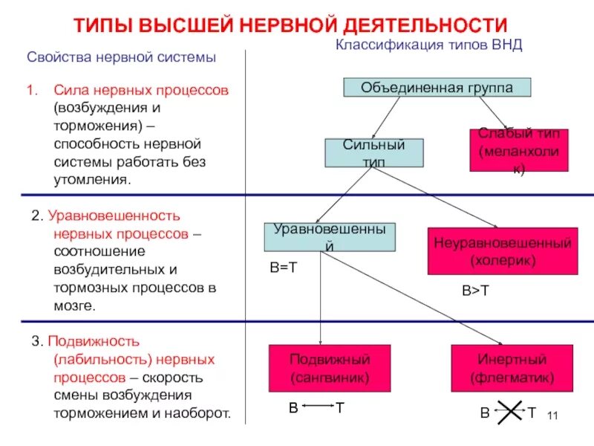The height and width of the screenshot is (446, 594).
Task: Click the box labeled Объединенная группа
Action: [437, 88]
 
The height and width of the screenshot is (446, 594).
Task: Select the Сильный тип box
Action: [374, 152]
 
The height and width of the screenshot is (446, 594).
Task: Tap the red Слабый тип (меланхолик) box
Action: [518, 151]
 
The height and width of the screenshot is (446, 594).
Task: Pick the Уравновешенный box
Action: [330, 236]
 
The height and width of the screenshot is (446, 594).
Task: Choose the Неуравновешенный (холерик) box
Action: [502, 251]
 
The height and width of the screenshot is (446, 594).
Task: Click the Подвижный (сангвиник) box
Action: [330, 368]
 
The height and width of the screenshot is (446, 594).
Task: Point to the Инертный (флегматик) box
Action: [512, 368]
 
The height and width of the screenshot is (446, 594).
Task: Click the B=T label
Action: [283, 268]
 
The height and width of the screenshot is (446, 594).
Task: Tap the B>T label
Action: [476, 291]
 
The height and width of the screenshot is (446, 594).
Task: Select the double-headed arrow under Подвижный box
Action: [317, 407]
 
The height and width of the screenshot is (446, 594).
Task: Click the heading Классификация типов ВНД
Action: [429, 45]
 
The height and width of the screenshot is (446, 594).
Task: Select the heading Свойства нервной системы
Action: [122, 57]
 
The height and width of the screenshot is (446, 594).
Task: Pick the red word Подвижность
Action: [94, 342]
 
